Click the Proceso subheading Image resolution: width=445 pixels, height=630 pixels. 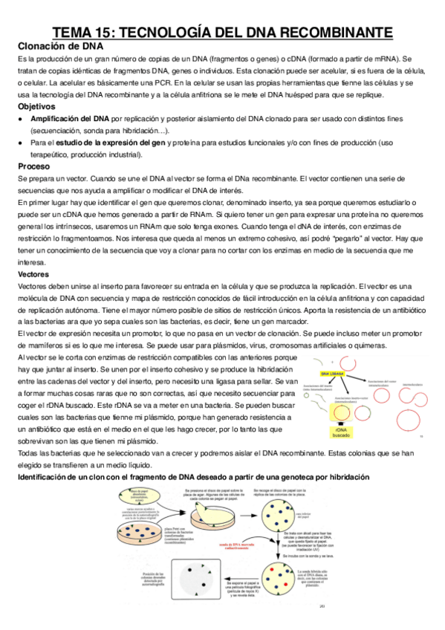[35, 166]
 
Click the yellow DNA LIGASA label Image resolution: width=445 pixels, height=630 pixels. [332, 374]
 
